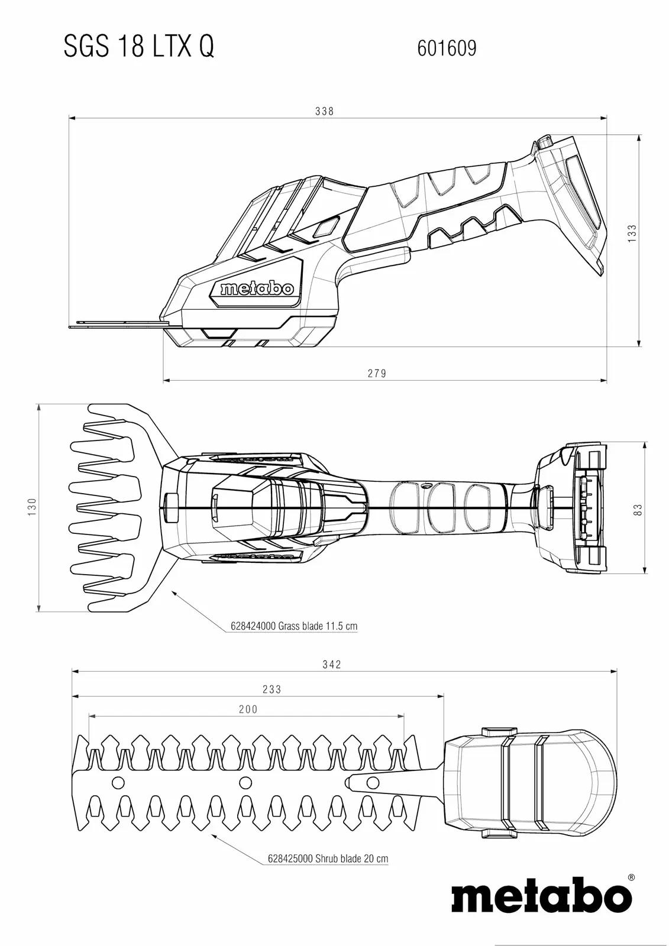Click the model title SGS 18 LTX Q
139,47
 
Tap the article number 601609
447,48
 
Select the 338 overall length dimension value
324,111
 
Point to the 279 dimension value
377,373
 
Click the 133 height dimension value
632,233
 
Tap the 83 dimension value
638,510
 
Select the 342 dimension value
331,665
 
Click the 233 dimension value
272,689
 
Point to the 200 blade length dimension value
248,709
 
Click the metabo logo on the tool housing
257,289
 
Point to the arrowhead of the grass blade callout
174,594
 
